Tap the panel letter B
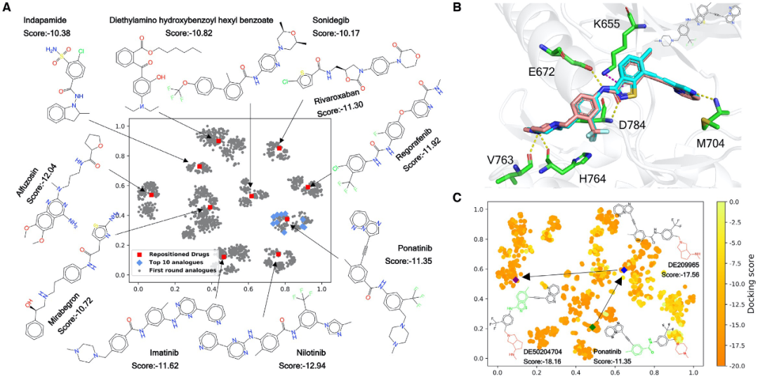[x=457, y=8]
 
